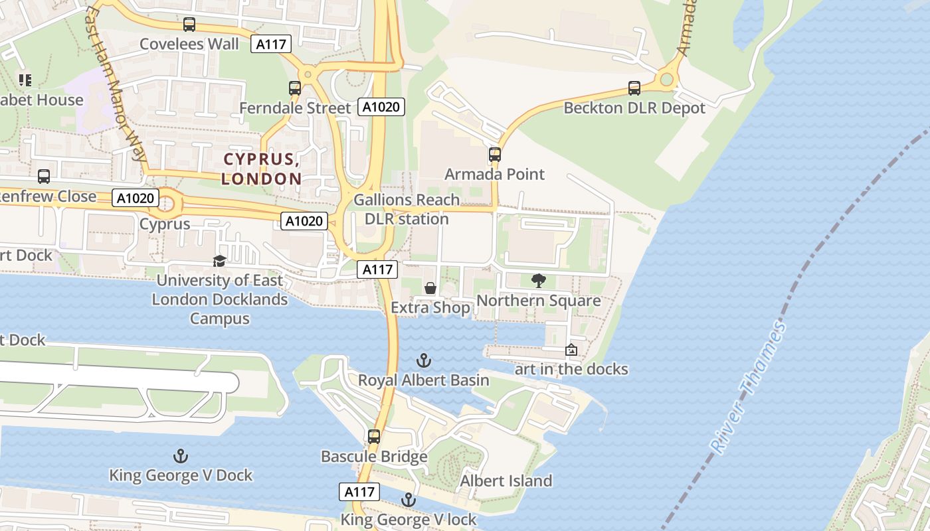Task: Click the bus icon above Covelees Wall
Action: pos(189,25)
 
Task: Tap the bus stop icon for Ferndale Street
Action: pos(294,88)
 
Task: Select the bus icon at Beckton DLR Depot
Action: pos(634,88)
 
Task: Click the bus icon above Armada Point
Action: pos(495,155)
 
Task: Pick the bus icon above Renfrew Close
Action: pos(44,177)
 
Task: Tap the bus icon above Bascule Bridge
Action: pos(374,436)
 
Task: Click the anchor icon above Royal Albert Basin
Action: pos(423,360)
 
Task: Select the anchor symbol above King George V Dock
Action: pos(180,456)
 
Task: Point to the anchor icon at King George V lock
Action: pos(408,500)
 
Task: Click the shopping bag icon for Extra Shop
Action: pos(430,288)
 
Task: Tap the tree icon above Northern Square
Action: pos(538,281)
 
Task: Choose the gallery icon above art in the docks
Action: pos(571,350)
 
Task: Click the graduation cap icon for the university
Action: pos(219,261)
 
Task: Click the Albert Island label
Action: pos(506,481)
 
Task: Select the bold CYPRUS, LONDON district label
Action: pos(262,169)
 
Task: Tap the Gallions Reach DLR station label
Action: pos(407,209)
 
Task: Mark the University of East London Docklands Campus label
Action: pos(220,299)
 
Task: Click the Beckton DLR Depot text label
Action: pos(634,108)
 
